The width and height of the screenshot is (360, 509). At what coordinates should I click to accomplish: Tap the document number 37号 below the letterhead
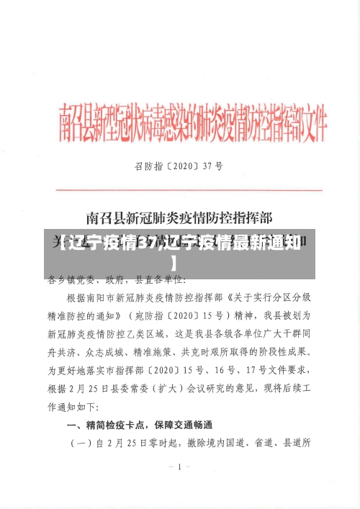pos(212,166)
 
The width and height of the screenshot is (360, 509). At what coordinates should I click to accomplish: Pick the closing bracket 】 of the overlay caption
pos(174,262)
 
